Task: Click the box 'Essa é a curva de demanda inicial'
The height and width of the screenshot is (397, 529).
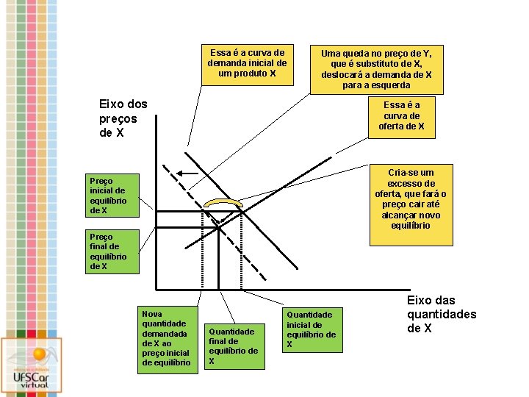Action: [247, 63]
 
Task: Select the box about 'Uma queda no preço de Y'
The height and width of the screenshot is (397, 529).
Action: [376, 69]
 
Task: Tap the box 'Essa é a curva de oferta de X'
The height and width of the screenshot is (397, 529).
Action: [401, 116]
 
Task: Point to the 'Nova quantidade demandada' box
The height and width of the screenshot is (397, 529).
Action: [168, 338]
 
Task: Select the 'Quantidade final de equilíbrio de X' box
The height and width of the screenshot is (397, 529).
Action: [232, 346]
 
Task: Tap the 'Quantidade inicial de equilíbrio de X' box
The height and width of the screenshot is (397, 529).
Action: [312, 329]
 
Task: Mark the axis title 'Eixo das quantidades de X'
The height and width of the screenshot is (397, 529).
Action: [441, 314]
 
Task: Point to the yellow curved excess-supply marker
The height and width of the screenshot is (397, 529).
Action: [223, 204]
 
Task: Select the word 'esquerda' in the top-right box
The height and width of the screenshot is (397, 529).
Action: [389, 85]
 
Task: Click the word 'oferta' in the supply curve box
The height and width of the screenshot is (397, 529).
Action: [392, 126]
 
